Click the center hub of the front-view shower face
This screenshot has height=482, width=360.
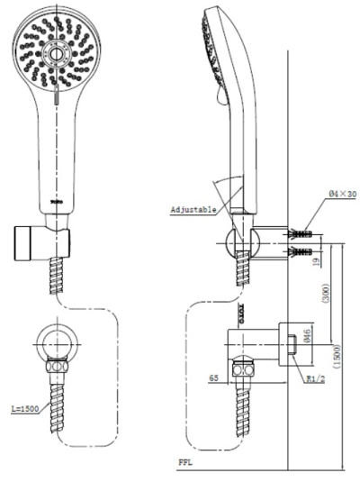(57, 55)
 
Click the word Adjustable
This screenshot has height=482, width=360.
(193, 209)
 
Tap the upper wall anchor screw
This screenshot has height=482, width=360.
(300, 232)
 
